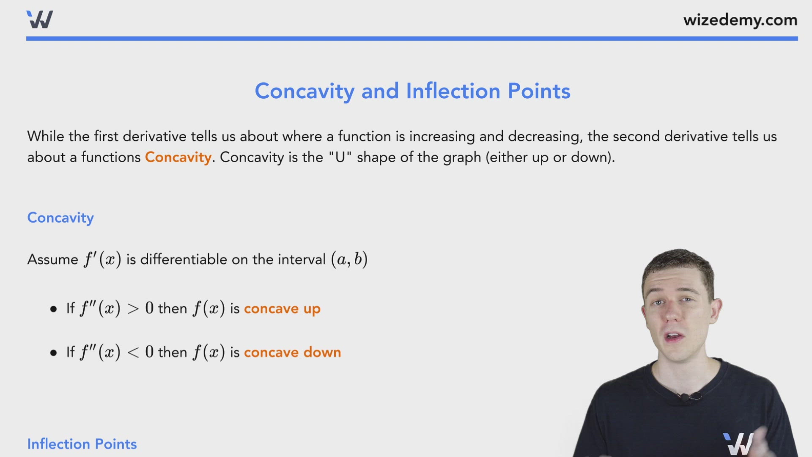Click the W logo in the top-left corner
pos(39,19)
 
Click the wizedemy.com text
pos(740,20)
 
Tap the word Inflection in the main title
pos(453,91)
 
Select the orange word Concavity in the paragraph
pos(178,157)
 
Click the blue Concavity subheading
pos(60,217)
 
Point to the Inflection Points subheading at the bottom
pos(82,444)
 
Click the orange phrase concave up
pos(282,308)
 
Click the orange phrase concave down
pos(292,352)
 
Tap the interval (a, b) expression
pos(349,259)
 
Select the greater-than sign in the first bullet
pos(133,309)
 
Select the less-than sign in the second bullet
pos(133,352)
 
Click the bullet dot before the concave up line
pos(53,309)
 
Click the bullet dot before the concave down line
pos(53,353)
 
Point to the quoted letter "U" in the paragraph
pos(340,157)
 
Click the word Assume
pos(53,259)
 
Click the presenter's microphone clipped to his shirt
pos(684,397)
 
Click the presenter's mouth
pos(673,337)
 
